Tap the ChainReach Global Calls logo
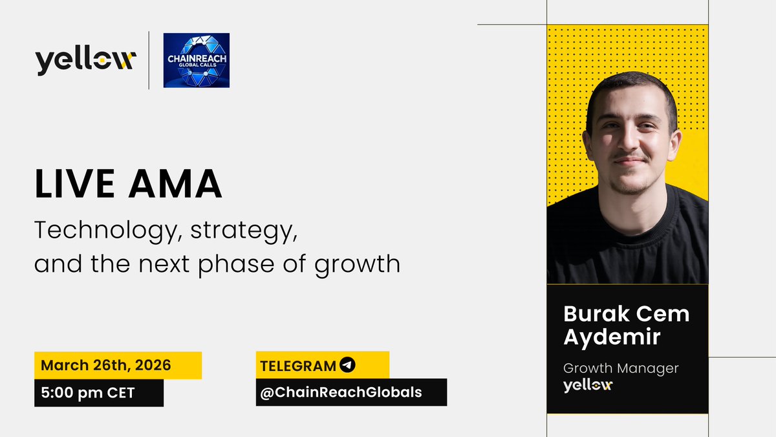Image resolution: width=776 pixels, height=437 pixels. tap(196, 60)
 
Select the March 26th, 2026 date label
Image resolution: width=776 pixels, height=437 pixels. tap(106, 364)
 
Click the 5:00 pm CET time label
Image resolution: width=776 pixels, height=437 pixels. tap(88, 392)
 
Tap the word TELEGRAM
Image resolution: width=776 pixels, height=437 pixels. tap(297, 365)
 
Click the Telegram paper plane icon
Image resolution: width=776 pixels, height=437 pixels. tap(347, 365)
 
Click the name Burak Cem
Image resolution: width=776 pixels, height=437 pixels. tap(626, 315)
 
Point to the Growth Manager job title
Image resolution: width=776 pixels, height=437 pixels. tap(621, 368)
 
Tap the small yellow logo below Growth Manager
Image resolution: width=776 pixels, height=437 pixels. tap(587, 385)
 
